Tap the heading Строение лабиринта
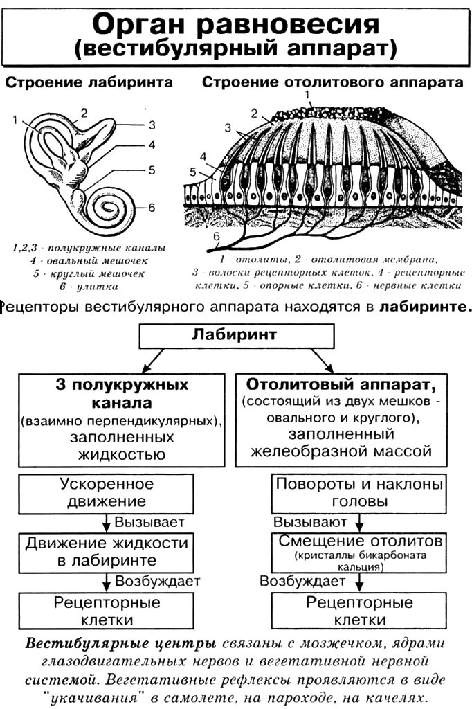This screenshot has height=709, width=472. (x=89, y=82)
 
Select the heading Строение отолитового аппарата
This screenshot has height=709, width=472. (x=332, y=82)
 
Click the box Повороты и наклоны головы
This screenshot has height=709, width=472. (x=358, y=492)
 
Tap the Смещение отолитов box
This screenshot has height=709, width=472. (x=358, y=550)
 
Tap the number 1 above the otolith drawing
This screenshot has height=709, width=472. (x=311, y=95)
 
